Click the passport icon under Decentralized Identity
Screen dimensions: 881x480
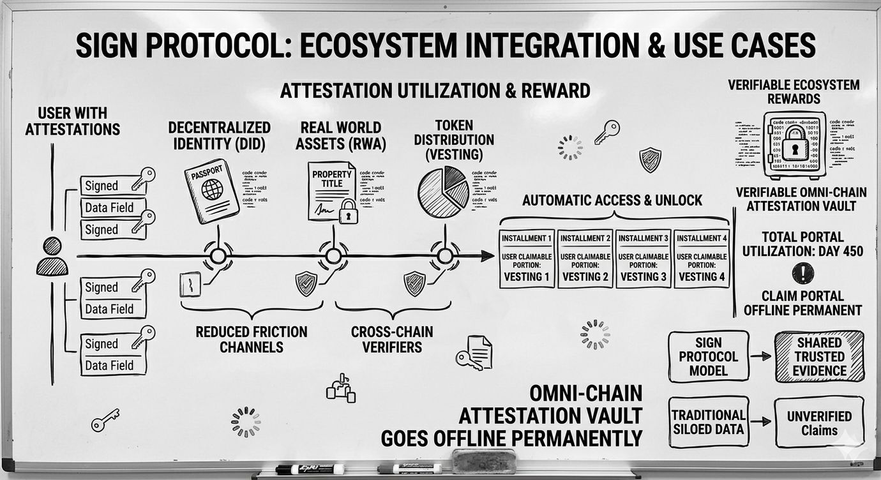pos(211,191)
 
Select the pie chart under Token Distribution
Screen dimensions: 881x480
pos(443,191)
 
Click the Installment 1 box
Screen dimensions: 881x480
pos(527,258)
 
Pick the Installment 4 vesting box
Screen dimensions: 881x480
pos(702,258)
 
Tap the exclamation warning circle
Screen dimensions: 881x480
pos(802,273)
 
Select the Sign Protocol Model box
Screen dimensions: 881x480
pos(708,356)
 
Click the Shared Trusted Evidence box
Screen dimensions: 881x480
pos(819,356)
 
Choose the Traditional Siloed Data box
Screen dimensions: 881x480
pos(708,422)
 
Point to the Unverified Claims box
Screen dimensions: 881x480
pos(819,423)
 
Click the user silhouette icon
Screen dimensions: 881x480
pos(52,256)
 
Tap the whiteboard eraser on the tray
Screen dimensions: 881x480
pos(483,461)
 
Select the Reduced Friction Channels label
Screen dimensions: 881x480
pos(251,339)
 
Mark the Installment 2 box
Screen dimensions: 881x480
pos(585,258)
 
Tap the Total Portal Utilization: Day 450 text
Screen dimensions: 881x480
pos(802,243)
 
